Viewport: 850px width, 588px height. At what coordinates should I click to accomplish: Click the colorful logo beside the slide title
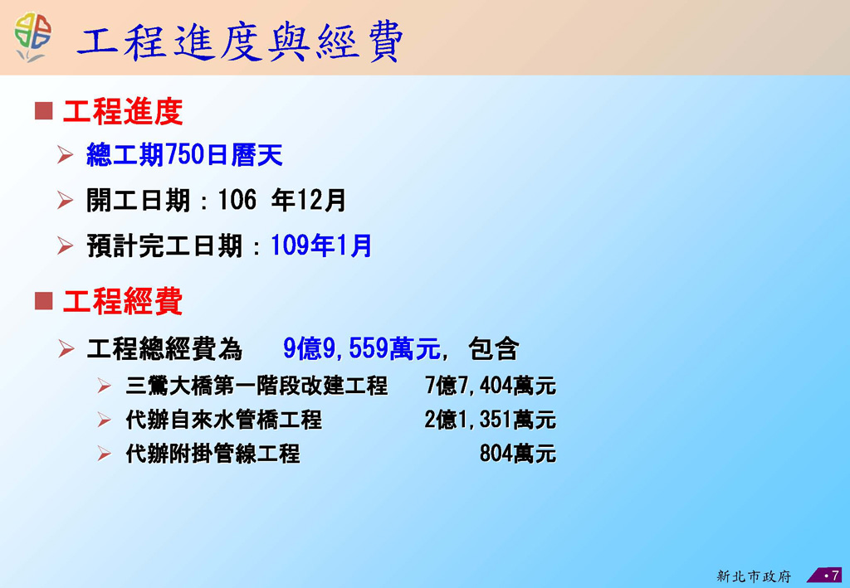tap(32, 36)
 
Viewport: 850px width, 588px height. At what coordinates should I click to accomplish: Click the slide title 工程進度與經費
tap(240, 41)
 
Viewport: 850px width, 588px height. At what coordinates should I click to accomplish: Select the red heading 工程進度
tap(123, 111)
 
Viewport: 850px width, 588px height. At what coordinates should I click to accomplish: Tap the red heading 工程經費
tap(123, 301)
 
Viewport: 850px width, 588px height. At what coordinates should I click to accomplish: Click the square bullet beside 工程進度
tap(43, 110)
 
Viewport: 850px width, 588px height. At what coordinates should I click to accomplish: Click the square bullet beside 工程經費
tap(43, 300)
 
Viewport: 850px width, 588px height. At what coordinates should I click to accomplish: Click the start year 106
tap(237, 200)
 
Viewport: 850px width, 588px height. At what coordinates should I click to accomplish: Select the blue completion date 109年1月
tap(321, 245)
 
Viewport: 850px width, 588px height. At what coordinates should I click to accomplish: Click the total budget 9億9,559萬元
tap(362, 348)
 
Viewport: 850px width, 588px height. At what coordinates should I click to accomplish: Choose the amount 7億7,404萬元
tap(491, 386)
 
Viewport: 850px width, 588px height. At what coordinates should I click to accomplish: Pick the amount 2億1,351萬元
tap(491, 420)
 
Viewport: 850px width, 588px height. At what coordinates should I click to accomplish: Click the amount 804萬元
tap(518, 454)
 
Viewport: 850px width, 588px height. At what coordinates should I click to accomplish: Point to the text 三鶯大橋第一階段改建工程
tap(256, 386)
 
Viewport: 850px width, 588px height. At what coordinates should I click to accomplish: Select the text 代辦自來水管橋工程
tap(223, 420)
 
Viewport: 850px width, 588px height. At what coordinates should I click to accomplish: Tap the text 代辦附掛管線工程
tap(212, 454)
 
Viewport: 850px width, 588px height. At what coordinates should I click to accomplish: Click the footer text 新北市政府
tap(754, 576)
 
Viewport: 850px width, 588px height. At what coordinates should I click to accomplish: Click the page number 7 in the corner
tap(835, 575)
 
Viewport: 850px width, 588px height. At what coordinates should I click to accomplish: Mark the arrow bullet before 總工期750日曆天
tap(65, 155)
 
